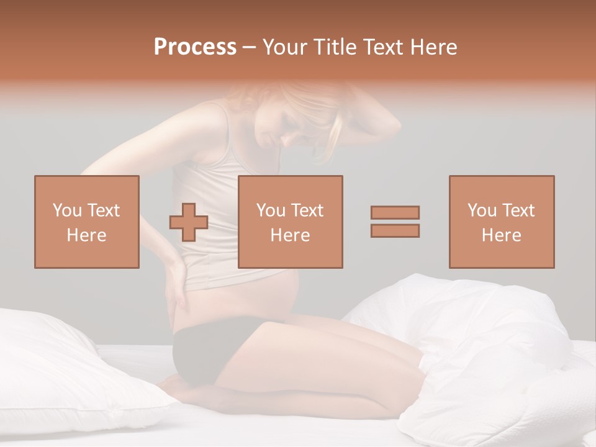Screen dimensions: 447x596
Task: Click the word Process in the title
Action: (x=195, y=47)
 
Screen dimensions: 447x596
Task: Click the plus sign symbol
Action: (x=189, y=222)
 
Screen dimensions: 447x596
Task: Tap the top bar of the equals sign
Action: (x=395, y=212)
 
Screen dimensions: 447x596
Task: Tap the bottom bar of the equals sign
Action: (x=395, y=230)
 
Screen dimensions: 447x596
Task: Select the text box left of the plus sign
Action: (x=86, y=222)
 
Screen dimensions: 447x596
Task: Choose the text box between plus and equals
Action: (x=290, y=222)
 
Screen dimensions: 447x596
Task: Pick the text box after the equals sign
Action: (x=501, y=222)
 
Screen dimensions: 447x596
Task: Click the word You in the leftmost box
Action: (x=66, y=210)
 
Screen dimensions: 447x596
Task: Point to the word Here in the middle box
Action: (x=290, y=235)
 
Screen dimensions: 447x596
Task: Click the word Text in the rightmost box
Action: (x=518, y=210)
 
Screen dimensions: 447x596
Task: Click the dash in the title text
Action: (x=249, y=48)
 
